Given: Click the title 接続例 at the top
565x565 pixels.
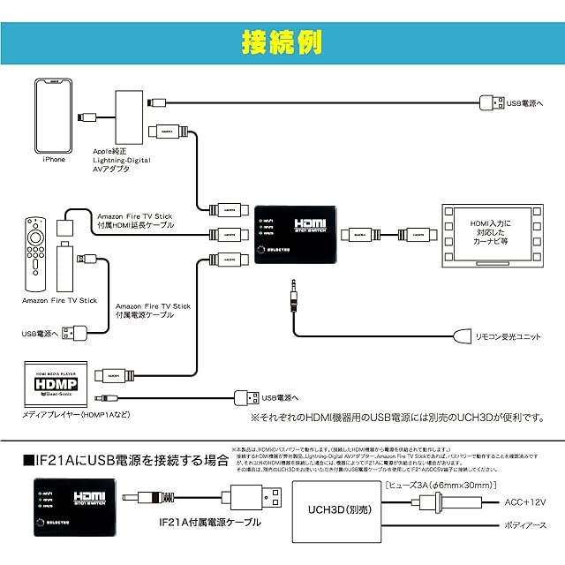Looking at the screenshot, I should [282, 42].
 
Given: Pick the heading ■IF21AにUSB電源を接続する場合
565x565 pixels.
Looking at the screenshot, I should [124, 461].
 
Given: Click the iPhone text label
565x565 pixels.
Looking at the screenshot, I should [54, 160].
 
